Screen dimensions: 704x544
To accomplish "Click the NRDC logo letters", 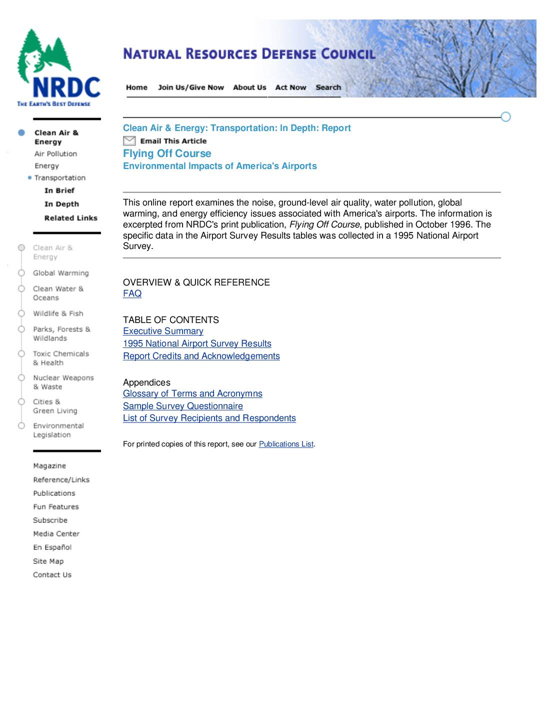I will (66, 87).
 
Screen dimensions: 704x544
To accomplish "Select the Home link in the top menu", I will (136, 87).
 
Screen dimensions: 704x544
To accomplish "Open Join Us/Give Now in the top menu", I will (190, 87).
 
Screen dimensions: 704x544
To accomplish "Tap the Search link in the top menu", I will (328, 87).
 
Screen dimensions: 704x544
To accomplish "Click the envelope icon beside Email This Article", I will (129, 141).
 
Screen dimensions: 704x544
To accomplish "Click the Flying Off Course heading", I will (167, 153).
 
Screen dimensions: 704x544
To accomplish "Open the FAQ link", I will (132, 293).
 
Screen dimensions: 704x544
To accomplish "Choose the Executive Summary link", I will (163, 331).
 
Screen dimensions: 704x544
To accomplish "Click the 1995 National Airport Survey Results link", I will (197, 343).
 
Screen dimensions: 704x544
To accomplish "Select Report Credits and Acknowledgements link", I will (201, 356).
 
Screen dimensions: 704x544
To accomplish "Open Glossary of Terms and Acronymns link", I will (192, 393).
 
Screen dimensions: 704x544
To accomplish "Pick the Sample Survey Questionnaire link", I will (182, 406).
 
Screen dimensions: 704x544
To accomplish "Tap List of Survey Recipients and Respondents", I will (209, 418).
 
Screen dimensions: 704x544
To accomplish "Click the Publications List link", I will (286, 444).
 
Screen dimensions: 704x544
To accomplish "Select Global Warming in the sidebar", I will (60, 273).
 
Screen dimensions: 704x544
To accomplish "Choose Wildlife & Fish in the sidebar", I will (58, 313).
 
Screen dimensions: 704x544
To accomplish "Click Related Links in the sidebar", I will (70, 218).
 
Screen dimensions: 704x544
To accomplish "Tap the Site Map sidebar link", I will (48, 561).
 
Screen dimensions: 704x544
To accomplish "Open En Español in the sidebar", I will (52, 547).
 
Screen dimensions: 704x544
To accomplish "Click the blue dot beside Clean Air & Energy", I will (21, 132).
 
